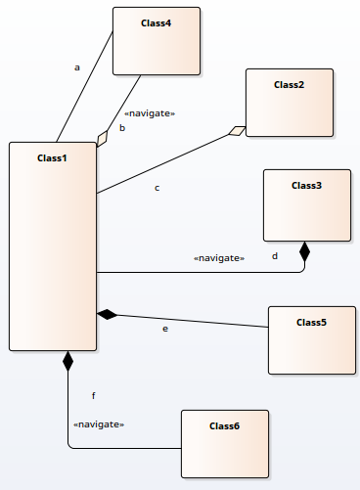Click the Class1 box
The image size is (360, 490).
[x=52, y=245]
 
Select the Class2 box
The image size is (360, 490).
[x=289, y=102]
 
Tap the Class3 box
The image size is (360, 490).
[x=306, y=204]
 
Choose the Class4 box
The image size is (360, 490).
[x=157, y=40]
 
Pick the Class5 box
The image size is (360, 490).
[x=311, y=338]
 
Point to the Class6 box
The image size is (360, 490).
[x=224, y=444]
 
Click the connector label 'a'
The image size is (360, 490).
[x=76, y=67]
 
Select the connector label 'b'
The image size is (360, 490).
[x=122, y=127]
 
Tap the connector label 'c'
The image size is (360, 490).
[x=157, y=187]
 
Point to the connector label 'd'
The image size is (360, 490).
[x=275, y=256]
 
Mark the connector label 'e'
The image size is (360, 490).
[x=165, y=329]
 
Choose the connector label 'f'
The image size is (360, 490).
[x=93, y=395]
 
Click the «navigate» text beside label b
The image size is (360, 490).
[x=150, y=113]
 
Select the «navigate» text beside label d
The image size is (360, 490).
[x=218, y=257]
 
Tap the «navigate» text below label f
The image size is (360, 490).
[x=99, y=424]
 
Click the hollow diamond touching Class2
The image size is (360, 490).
[x=236, y=131]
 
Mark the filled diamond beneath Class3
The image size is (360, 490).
[x=304, y=251]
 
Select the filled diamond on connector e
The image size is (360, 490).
[x=107, y=314]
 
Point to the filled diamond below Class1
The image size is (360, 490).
[x=67, y=361]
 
